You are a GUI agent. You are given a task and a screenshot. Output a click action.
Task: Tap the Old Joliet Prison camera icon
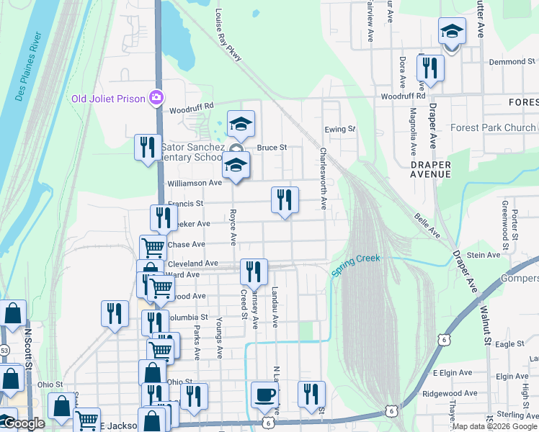(156, 97)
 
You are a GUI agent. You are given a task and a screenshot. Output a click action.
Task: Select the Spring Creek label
(355, 265)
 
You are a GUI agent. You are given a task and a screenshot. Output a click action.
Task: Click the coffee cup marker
(264, 395)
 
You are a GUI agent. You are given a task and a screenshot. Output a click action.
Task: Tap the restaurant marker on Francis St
(285, 199)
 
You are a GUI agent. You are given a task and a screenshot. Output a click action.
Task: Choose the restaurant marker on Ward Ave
(253, 271)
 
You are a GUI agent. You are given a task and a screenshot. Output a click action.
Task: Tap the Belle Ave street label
(427, 225)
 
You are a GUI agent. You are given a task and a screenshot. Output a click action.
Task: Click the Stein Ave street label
(484, 255)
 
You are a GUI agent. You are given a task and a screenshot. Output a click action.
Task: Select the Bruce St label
(272, 148)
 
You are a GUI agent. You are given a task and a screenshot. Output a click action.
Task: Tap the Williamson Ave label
(195, 183)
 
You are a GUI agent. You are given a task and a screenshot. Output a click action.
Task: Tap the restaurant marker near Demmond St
(430, 68)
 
